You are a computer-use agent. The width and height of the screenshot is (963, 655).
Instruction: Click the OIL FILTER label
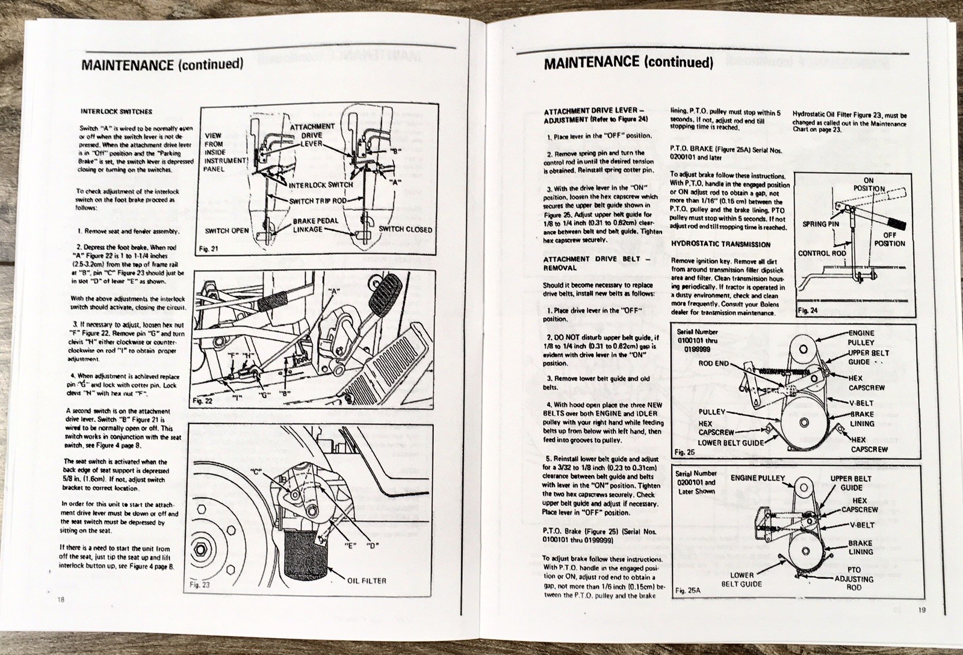pos(367,581)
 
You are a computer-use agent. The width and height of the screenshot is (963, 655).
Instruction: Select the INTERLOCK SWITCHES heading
pos(116,112)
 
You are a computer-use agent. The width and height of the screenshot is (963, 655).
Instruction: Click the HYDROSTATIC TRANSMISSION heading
pos(720,244)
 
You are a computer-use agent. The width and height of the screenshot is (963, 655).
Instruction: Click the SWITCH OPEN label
pos(229,231)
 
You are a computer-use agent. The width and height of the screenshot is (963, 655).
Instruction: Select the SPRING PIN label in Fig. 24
pos(820,224)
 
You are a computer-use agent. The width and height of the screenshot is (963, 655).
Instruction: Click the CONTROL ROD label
pos(822,253)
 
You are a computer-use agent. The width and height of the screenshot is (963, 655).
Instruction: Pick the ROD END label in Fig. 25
pos(714,364)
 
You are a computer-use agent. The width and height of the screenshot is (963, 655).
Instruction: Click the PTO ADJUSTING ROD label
pos(853,579)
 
